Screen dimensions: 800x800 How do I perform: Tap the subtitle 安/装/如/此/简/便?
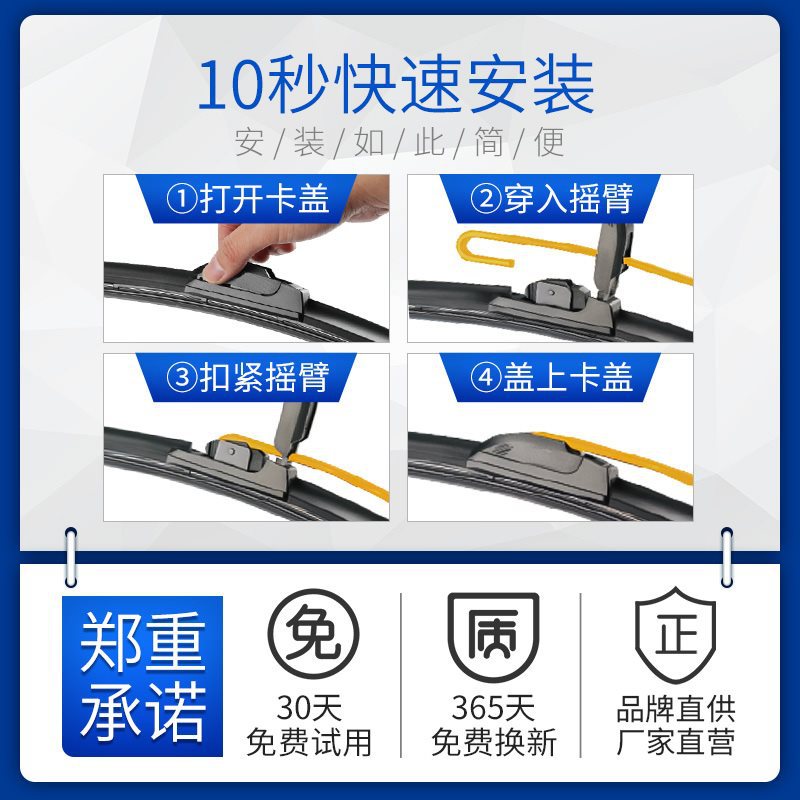click(399, 142)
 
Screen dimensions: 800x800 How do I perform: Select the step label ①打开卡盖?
click(248, 199)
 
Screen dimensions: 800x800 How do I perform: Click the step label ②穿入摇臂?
click(552, 199)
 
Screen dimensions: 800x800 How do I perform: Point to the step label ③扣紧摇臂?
click(248, 378)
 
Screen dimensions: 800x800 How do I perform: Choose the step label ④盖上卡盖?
click(552, 378)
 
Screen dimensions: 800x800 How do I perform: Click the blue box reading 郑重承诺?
click(142, 676)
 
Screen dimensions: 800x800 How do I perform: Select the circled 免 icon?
click(313, 634)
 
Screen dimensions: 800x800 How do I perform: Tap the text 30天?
click(309, 708)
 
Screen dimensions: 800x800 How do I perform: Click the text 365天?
click(493, 708)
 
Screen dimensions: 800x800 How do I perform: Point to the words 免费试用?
click(309, 742)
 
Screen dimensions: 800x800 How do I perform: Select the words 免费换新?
click(493, 742)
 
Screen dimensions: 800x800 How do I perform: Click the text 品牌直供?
click(676, 709)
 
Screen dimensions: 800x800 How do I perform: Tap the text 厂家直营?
click(676, 742)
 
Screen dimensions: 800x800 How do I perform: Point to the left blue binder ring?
click(71, 558)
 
